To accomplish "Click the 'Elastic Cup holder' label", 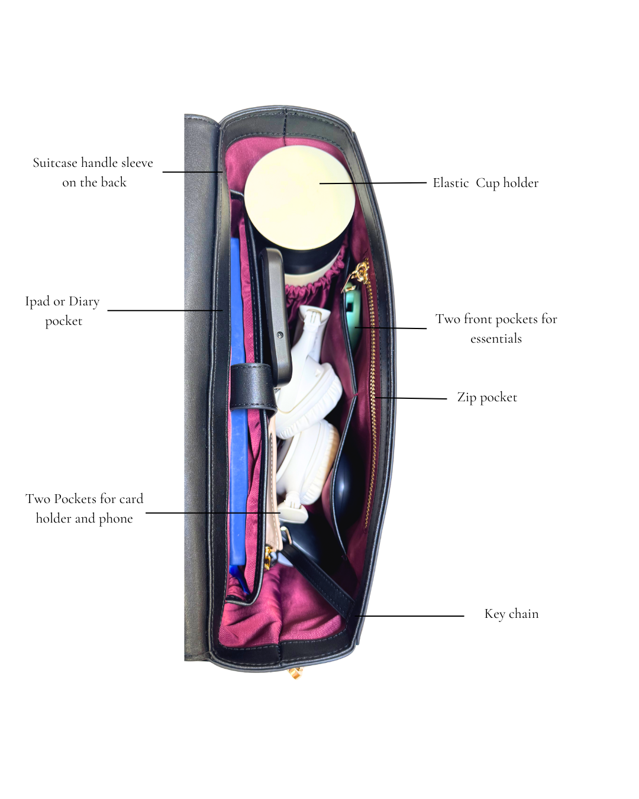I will pyautogui.click(x=485, y=183).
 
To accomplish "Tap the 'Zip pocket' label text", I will pyautogui.click(x=486, y=397).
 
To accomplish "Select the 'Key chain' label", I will pyautogui.click(x=511, y=614).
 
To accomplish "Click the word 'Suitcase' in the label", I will pyautogui.click(x=55, y=163).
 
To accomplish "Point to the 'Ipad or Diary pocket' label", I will pyautogui.click(x=62, y=311).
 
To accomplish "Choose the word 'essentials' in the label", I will pyautogui.click(x=496, y=339).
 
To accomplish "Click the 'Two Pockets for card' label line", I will pyautogui.click(x=84, y=499).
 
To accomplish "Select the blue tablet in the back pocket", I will pyautogui.click(x=237, y=414).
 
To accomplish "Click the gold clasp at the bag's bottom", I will pyautogui.click(x=296, y=672).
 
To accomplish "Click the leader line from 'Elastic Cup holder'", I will pyautogui.click(x=373, y=183).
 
